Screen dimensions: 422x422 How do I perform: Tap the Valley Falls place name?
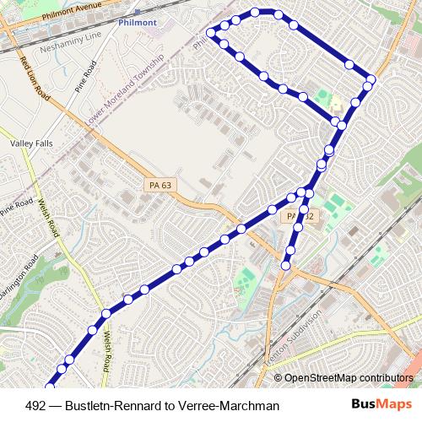(x=31, y=143)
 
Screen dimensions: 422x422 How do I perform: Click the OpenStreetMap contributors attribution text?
(x=350, y=378)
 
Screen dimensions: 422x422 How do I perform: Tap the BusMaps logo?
(x=381, y=405)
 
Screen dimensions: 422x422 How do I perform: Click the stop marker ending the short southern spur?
(x=285, y=266)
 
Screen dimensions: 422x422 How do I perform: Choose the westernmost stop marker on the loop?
(x=213, y=35)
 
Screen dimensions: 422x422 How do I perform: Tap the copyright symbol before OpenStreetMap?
(x=279, y=378)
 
